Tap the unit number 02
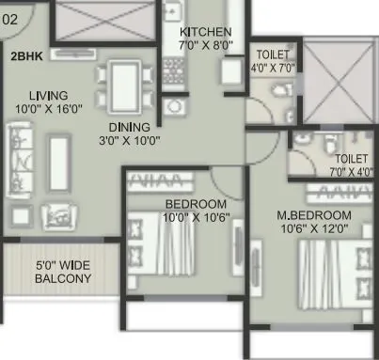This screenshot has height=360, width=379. [x=9, y=17]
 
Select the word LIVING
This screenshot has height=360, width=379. [x=46, y=95]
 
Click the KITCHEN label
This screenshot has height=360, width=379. [x=205, y=30]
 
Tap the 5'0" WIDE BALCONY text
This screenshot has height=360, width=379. [x=62, y=272]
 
